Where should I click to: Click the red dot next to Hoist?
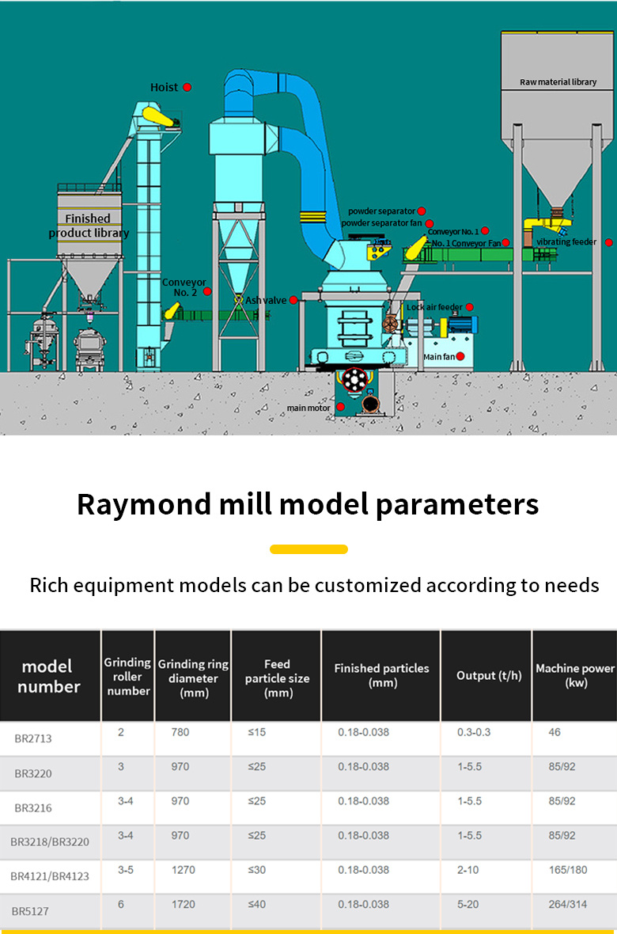pyautogui.click(x=187, y=87)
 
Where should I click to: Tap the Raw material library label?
pyautogui.click(x=558, y=82)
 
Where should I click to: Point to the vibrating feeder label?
pyautogui.click(x=566, y=242)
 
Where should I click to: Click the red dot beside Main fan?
pyautogui.click(x=460, y=356)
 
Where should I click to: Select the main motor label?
pyautogui.click(x=308, y=408)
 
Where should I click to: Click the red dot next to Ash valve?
pyautogui.click(x=293, y=300)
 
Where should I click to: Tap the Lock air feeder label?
pyautogui.click(x=434, y=307)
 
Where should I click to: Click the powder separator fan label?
pyautogui.click(x=382, y=222)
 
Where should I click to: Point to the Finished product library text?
pyautogui.click(x=89, y=226)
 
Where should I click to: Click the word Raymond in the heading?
pyautogui.click(x=144, y=504)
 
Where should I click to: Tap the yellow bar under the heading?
pyautogui.click(x=308, y=549)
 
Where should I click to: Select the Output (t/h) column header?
pyautogui.click(x=489, y=675)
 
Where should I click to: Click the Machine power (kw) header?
pyautogui.click(x=575, y=675)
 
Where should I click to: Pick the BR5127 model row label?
pyautogui.click(x=30, y=911)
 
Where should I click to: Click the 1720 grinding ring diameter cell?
pyautogui.click(x=184, y=904)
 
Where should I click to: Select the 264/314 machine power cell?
pyautogui.click(x=568, y=904)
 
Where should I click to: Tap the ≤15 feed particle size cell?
pyautogui.click(x=257, y=732)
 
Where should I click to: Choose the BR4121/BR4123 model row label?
pyautogui.click(x=50, y=876)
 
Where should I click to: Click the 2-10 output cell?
pyautogui.click(x=468, y=870)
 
